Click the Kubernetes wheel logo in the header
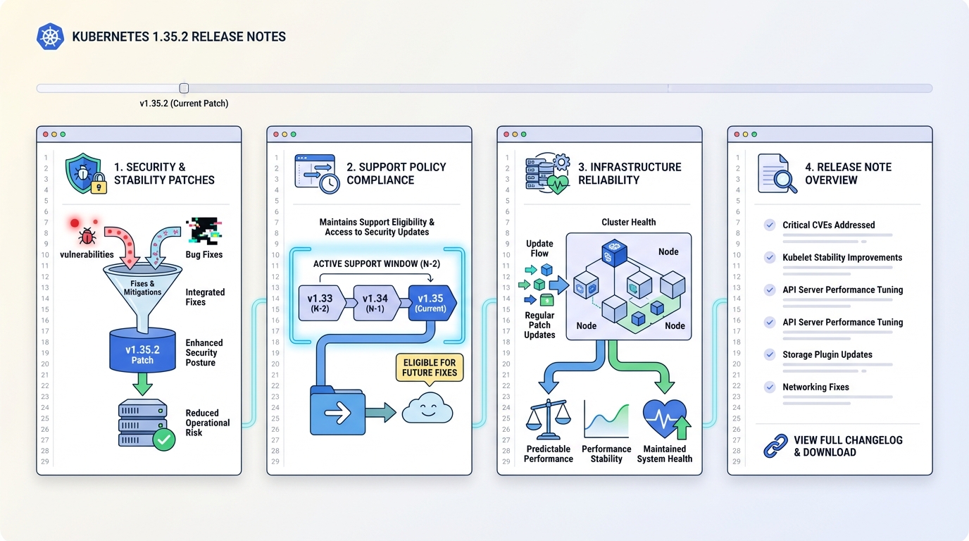tap(50, 37)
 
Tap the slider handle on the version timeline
tap(184, 88)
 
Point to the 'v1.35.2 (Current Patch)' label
tap(184, 104)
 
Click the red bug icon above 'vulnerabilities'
tap(87, 236)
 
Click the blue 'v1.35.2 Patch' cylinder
tap(142, 350)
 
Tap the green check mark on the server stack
tap(164, 440)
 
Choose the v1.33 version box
tap(320, 303)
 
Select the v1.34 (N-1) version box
tap(375, 303)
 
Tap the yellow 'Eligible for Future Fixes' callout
tap(430, 368)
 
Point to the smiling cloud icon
tap(427, 409)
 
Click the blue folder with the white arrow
tap(338, 412)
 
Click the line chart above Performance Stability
tap(606, 420)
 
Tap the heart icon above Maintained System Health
tap(665, 420)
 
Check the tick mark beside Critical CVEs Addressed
tap(770, 225)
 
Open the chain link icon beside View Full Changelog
tap(775, 446)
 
